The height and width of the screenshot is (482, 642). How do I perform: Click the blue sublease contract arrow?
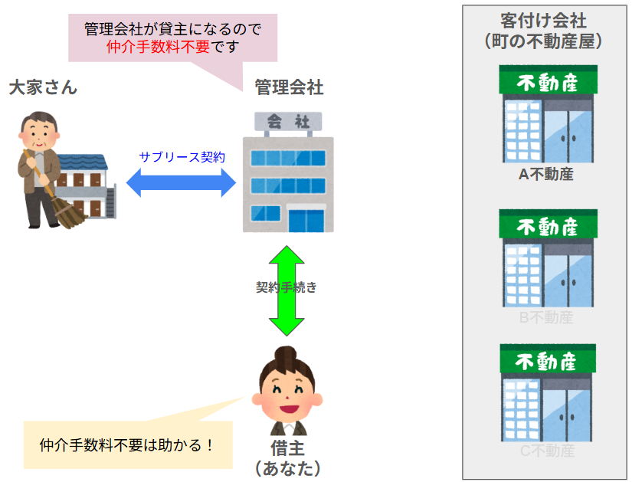(x=182, y=182)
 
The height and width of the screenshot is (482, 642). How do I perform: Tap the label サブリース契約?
(x=182, y=157)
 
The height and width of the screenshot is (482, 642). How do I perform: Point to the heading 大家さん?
(x=43, y=87)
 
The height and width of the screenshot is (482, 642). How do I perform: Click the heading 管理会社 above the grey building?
(x=289, y=87)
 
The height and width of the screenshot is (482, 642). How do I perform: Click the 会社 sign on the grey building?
(x=288, y=121)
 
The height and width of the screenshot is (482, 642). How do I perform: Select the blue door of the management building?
(x=306, y=220)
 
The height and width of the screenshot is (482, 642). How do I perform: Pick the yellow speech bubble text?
(x=126, y=444)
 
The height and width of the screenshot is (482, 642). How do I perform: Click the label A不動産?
(x=545, y=175)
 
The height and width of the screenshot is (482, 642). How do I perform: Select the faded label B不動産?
(x=545, y=317)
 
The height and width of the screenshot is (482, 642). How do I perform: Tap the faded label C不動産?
(x=547, y=451)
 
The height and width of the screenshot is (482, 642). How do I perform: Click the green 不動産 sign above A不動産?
(x=547, y=81)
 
